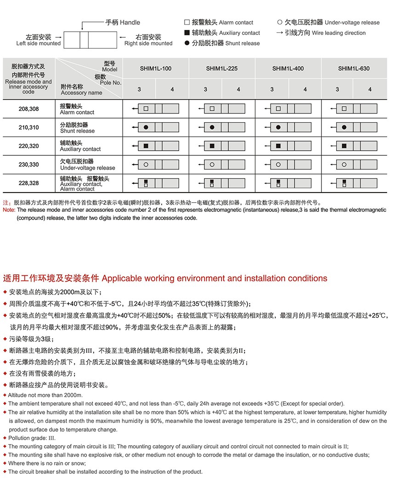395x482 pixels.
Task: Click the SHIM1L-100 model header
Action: pyautogui.click(x=156, y=68)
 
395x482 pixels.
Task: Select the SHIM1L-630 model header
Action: pyautogui.click(x=354, y=68)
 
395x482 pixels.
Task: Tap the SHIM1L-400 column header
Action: pyautogui.click(x=288, y=68)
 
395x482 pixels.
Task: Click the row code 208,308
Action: pyautogui.click(x=28, y=109)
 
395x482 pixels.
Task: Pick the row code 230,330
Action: pyautogui.click(x=28, y=164)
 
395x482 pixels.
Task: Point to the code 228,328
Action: pyautogui.click(x=28, y=183)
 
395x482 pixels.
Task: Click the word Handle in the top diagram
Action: pyautogui.click(x=130, y=22)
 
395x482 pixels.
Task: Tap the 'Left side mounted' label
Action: pyautogui.click(x=39, y=43)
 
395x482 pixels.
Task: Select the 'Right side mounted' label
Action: pyautogui.click(x=148, y=43)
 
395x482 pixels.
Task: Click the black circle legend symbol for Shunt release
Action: pyautogui.click(x=186, y=43)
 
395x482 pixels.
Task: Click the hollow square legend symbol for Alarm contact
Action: pyautogui.click(x=186, y=22)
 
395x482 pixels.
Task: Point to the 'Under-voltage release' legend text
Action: pyautogui.click(x=352, y=23)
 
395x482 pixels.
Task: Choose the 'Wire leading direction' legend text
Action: pyautogui.click(x=339, y=33)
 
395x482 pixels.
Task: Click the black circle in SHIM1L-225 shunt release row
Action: pyautogui.click(x=212, y=127)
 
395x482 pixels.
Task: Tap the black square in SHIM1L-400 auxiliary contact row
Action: pyautogui.click(x=278, y=146)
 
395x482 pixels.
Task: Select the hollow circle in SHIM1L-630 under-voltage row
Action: pyautogui.click(x=344, y=164)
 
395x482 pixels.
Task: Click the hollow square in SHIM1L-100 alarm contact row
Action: pyautogui.click(x=146, y=109)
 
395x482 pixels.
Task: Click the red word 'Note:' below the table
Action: pyautogui.click(x=9, y=210)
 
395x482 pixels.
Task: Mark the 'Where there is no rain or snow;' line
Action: pyautogui.click(x=47, y=463)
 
